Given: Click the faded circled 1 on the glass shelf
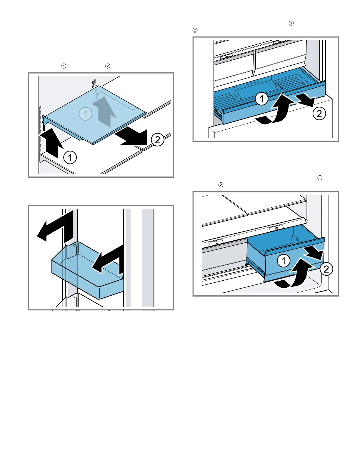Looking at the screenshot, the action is (x=86, y=114).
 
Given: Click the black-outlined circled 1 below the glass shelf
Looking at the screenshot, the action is (x=70, y=158).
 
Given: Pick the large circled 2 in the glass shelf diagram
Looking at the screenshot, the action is (x=158, y=139).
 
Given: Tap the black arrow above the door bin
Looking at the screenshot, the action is (x=56, y=225).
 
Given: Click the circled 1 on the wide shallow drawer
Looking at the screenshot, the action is (x=261, y=99).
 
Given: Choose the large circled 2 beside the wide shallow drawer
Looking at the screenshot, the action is (x=319, y=114).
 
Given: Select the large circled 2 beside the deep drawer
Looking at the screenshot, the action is (x=326, y=269).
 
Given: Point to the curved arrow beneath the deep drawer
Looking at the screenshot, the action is (x=294, y=277).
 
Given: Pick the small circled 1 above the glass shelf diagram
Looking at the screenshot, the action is (x=64, y=66).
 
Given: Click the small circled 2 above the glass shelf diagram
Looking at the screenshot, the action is (x=108, y=66).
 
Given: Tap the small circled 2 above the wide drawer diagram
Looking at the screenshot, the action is (x=195, y=30).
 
